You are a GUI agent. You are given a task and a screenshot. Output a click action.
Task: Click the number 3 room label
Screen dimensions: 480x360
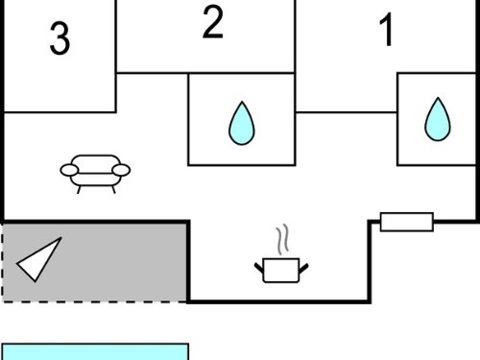[60, 38]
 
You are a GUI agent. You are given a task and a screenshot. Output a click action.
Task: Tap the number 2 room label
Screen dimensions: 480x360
[213, 22]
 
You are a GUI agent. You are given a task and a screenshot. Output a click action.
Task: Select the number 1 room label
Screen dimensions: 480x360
[386, 30]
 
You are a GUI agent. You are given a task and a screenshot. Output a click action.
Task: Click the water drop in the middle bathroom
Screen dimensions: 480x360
[242, 123]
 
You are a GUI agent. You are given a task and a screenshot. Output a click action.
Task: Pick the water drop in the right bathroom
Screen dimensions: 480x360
[438, 119]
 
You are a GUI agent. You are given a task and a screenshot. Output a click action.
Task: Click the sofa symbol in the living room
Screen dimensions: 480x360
[95, 174]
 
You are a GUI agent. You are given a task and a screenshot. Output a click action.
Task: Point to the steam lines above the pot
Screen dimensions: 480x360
[282, 239]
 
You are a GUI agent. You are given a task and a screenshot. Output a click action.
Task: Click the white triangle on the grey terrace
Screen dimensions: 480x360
[39, 260]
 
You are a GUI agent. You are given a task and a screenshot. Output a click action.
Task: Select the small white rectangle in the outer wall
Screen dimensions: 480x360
[407, 222]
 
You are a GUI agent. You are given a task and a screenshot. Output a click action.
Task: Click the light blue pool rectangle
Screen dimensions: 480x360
[95, 351]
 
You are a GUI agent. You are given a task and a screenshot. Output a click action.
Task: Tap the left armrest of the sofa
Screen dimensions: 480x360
[69, 170]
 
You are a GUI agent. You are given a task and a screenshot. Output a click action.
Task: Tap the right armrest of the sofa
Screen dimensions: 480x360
[122, 170]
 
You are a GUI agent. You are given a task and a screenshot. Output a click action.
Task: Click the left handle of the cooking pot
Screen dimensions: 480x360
[259, 268]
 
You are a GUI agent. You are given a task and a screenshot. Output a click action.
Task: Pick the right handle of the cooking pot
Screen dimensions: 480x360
[303, 268]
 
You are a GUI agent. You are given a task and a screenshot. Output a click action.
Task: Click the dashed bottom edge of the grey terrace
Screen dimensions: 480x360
[95, 301]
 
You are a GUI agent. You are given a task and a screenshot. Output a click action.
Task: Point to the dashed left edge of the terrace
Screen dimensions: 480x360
[3, 262]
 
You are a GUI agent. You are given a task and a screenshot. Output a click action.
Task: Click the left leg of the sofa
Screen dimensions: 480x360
[79, 190]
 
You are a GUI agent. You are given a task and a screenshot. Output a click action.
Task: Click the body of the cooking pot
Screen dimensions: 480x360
[281, 271]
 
